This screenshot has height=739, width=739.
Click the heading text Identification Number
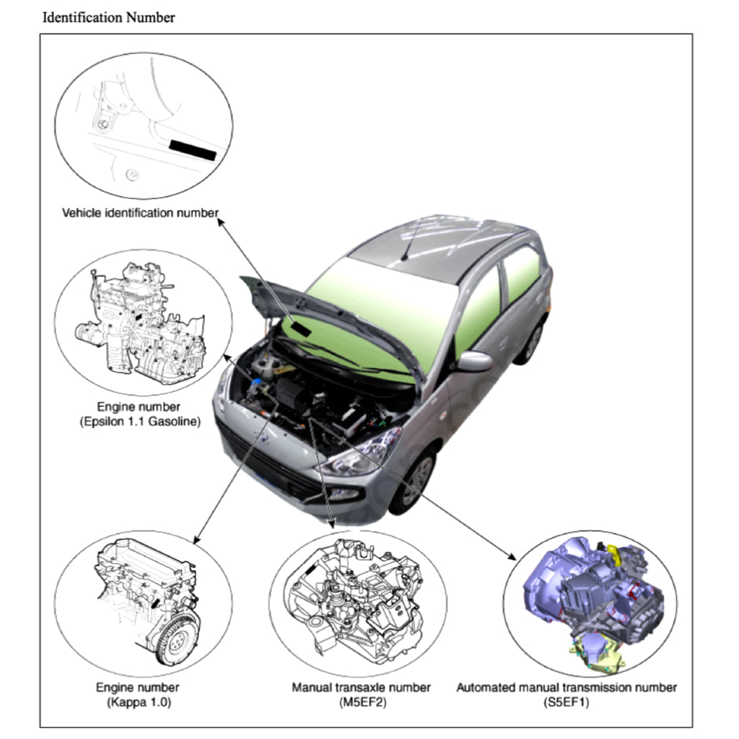coord(108,18)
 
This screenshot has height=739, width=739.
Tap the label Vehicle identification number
coord(140,213)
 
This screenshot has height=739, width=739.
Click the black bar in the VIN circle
coord(193,149)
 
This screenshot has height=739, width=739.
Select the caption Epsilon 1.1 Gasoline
coord(139,421)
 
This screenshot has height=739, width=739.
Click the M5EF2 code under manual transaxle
coord(360,701)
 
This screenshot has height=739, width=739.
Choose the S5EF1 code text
coord(567,701)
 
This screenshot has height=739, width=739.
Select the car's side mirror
coord(473,362)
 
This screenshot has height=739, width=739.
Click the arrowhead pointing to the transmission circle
coord(513,556)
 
